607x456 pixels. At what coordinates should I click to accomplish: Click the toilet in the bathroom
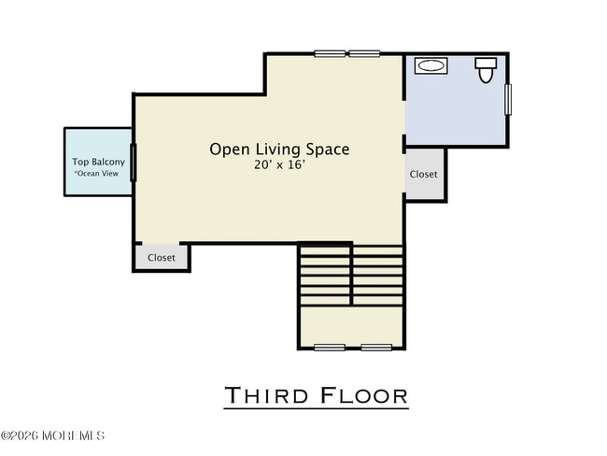(485, 69)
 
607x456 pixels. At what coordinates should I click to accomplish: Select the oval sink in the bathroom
(431, 66)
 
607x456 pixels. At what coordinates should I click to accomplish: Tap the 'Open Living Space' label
(279, 149)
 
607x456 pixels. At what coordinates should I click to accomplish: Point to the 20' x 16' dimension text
(279, 165)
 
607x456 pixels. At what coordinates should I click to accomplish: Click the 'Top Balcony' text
(98, 162)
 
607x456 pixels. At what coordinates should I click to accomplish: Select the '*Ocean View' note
(98, 174)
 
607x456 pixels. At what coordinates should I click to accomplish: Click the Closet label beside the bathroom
(423, 174)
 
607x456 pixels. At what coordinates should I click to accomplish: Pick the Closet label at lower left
(162, 258)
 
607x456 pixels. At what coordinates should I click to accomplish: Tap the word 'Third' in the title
(267, 395)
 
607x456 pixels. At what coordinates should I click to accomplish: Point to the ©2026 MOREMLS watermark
(53, 435)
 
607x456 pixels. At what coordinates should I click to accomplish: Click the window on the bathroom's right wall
(508, 99)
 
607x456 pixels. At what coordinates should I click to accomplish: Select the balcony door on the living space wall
(133, 162)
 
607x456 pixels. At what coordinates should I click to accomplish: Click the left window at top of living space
(330, 53)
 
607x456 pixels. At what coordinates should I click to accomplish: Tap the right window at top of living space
(364, 53)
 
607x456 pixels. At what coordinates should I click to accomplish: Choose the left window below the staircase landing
(330, 348)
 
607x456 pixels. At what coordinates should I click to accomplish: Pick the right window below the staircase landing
(375, 348)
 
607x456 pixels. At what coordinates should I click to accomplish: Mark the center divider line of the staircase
(351, 274)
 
